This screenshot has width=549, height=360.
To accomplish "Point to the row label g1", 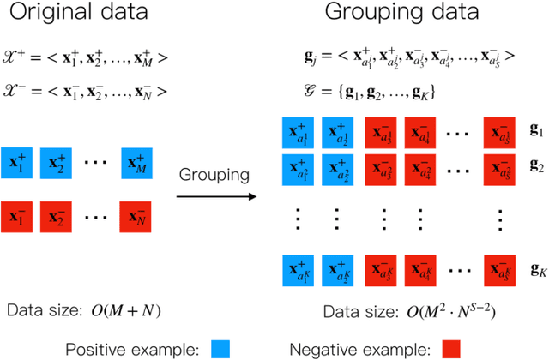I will point(536,130).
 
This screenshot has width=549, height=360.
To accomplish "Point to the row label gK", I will point(537,271).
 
